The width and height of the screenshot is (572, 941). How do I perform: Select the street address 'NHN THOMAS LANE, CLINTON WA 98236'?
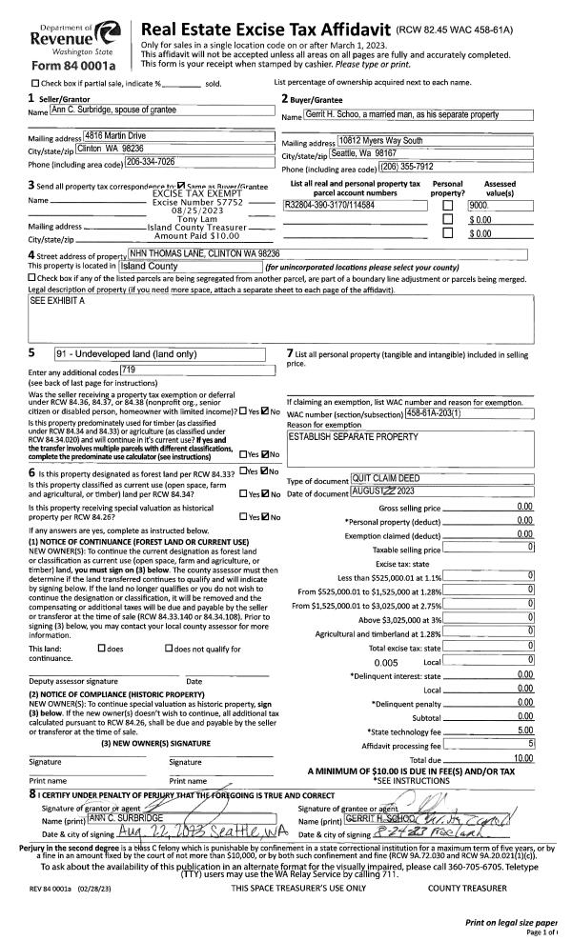205,254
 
